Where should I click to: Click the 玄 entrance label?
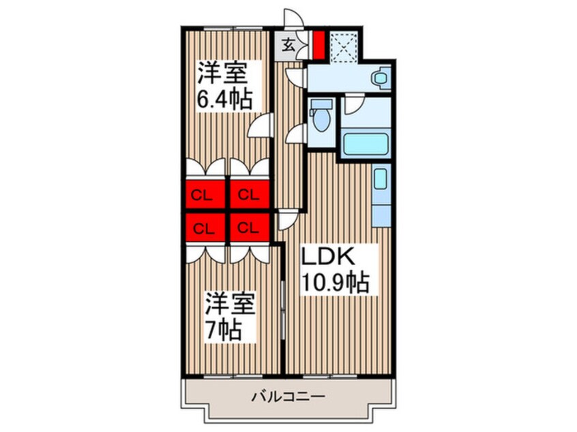point(288,46)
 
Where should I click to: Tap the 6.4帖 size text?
point(224,99)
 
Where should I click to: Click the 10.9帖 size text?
point(336,281)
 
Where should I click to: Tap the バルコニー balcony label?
point(287,396)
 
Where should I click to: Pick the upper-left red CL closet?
point(201,196)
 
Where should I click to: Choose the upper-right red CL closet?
point(248,196)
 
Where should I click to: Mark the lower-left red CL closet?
point(201,228)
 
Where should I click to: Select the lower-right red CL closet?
point(248,228)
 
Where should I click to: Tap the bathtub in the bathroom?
point(366,145)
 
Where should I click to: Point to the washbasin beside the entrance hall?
point(379,78)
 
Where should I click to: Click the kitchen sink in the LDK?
point(381,180)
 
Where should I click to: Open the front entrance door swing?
point(292,20)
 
